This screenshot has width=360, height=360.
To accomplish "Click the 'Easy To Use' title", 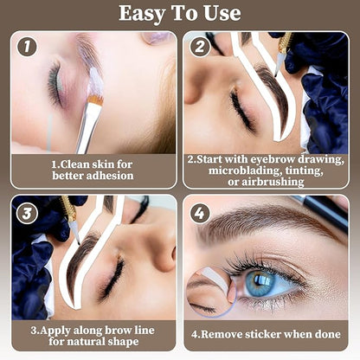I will [x=179, y=14].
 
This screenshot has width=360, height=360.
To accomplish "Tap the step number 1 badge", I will [x=27, y=48].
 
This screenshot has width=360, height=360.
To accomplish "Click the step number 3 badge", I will [x=27, y=210].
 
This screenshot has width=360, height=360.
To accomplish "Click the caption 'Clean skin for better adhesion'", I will [x=92, y=170].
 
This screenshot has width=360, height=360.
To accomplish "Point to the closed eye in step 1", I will [x=56, y=87].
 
